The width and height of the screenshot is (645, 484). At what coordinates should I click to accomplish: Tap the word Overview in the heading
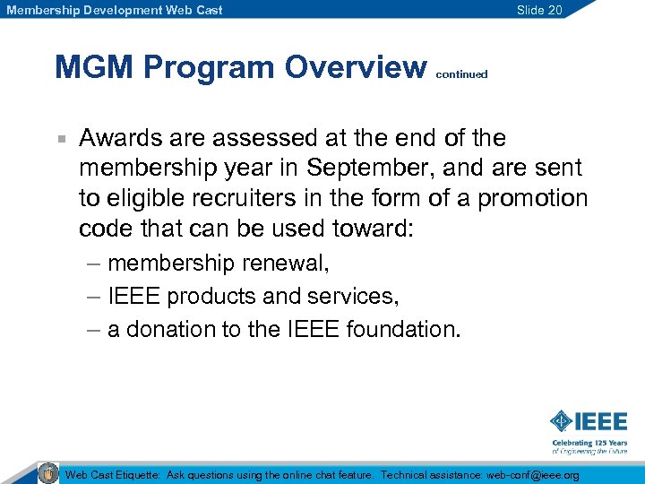pos(357,67)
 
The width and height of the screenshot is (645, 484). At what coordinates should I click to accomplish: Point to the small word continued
pos(461,74)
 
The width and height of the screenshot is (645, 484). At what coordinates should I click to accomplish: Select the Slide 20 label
pos(539,10)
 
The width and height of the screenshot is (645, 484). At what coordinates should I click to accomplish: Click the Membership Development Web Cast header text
pos(115,10)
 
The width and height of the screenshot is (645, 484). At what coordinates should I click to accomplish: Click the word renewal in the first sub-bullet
pos(298,264)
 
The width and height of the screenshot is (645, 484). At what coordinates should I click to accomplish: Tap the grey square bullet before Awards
pos(60,139)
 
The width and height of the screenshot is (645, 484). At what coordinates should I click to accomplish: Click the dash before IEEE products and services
pos(94,296)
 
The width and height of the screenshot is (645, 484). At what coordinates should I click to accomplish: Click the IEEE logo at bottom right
pos(589,421)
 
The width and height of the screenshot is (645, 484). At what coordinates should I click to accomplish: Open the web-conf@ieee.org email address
pos(532,474)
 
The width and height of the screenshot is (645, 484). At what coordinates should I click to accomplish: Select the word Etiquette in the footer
pos(137,474)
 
